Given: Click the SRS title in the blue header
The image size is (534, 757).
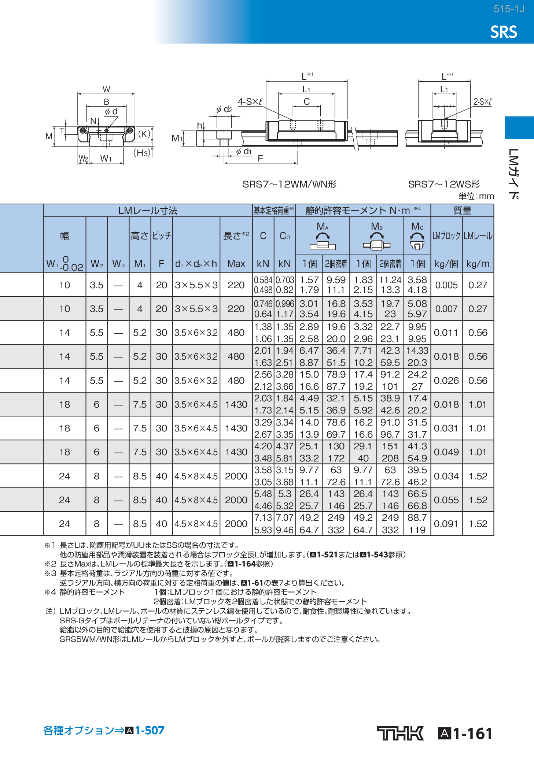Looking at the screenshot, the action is click(x=504, y=32).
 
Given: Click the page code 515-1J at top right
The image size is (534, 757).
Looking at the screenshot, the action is click(x=509, y=9).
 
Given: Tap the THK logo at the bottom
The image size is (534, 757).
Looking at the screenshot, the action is click(x=400, y=733).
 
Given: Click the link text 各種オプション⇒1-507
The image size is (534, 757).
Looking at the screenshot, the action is click(x=104, y=730).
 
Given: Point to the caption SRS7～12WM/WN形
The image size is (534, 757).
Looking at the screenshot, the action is click(x=290, y=184).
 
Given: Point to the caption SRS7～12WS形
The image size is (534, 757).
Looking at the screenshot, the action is click(x=444, y=184).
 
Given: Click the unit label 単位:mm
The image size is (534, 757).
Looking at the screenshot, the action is click(x=476, y=196).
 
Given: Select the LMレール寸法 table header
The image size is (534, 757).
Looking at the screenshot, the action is click(x=148, y=211).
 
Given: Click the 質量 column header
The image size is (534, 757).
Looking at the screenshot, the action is click(x=462, y=211).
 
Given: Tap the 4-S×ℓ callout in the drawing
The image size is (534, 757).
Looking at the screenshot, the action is click(x=250, y=102).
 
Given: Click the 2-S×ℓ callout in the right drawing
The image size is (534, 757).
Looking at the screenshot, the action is click(x=482, y=102).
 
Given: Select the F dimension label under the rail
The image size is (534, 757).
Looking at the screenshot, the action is click(x=261, y=158).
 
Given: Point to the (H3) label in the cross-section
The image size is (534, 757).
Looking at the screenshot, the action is click(x=142, y=153).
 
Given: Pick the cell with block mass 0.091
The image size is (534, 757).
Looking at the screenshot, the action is click(x=446, y=524).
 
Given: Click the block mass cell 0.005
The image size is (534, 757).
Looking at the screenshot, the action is click(x=446, y=285).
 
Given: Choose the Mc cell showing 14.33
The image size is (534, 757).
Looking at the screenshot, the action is click(x=417, y=350).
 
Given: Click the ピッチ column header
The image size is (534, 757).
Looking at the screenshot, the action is click(x=161, y=235).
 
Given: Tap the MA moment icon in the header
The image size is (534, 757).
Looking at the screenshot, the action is click(x=323, y=242).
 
